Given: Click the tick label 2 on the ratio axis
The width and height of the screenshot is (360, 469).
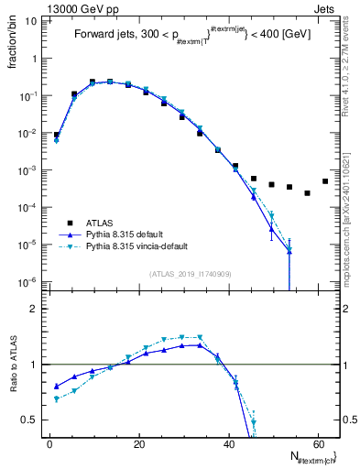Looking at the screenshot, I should [x=34, y=309].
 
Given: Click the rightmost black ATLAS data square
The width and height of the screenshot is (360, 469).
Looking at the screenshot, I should [x=325, y=181].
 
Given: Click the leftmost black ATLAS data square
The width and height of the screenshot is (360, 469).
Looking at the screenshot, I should [x=57, y=135].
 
